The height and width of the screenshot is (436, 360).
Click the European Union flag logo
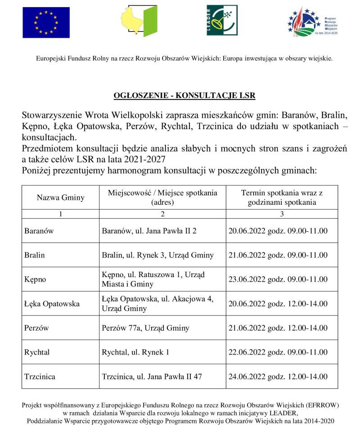tap(46, 22)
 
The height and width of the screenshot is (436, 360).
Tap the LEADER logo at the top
tap(222, 21)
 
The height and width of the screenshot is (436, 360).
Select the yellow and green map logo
tap(139, 21)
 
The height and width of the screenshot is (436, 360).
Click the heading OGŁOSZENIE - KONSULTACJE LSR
tap(184, 95)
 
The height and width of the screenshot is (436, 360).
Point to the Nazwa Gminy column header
tap(60, 198)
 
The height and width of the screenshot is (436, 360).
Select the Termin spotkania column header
tap(282, 198)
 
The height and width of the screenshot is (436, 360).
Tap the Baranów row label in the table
tap(39, 231)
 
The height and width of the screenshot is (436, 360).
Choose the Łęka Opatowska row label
tap(52, 304)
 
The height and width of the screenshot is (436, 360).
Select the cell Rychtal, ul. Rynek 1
tap(136, 352)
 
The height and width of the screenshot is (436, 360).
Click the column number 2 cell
tap(162, 214)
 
